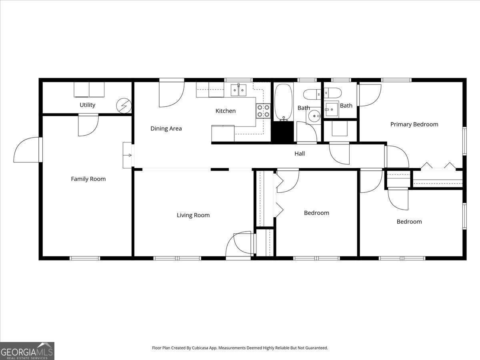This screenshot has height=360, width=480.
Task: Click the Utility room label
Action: pos(87,105)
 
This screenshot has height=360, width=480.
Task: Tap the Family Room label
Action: pos(88,179)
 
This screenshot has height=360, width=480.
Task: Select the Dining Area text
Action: pos(166,128)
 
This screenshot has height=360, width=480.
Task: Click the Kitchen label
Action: pos(226,111)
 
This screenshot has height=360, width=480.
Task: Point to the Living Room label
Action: pos(193,215)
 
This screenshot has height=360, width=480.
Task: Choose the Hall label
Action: pos(300,154)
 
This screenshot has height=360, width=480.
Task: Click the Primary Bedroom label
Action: pos(414,124)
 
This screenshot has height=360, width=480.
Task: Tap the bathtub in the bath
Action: pos(284,102)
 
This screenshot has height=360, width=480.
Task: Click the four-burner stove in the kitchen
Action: pos(263,111)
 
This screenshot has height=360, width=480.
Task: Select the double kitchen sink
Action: pos(238,90)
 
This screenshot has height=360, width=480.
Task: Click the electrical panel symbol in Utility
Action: pos(124,106)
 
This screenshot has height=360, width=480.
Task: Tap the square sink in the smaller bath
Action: pos(331,109)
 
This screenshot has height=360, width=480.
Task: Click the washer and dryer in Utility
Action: pos(89,90)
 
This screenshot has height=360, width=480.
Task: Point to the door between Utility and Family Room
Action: pos(88,125)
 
